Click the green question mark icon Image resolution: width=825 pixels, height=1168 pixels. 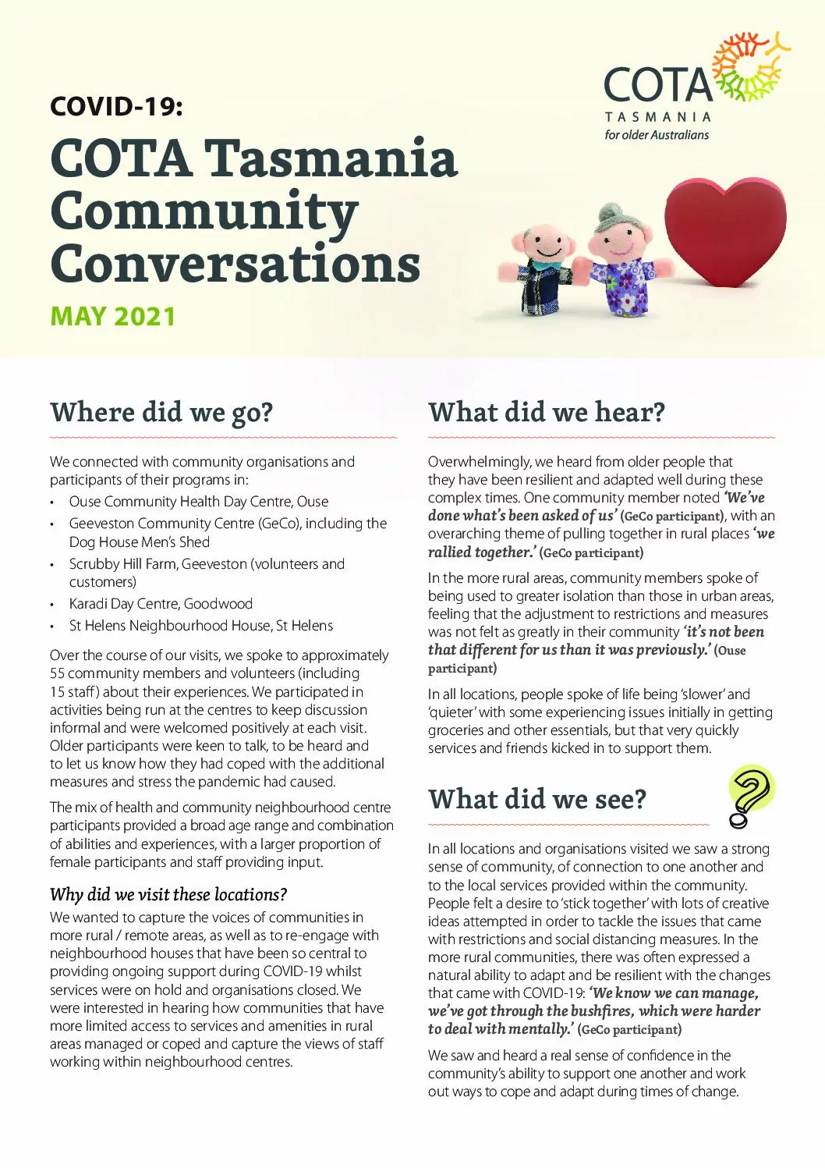click(x=749, y=795)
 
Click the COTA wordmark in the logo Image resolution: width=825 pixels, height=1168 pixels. click(x=657, y=83)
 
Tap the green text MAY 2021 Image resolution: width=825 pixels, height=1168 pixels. click(x=112, y=316)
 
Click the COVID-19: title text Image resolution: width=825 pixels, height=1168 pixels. click(x=116, y=106)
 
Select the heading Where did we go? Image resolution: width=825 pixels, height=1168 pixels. click(x=161, y=412)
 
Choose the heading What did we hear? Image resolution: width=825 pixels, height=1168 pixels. click(x=546, y=412)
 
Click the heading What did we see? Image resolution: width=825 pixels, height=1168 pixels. click(x=537, y=799)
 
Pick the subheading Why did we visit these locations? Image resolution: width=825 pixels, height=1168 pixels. click(x=168, y=894)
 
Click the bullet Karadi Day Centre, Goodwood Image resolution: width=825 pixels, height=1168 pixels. click(x=161, y=603)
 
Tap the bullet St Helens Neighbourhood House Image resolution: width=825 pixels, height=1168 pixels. click(x=200, y=625)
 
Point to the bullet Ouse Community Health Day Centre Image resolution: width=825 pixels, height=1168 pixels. click(x=198, y=501)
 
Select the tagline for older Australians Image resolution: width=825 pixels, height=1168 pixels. click(x=657, y=134)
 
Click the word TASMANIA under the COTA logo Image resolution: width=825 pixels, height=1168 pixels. click(x=657, y=117)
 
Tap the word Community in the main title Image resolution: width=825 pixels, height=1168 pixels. click(x=204, y=211)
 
